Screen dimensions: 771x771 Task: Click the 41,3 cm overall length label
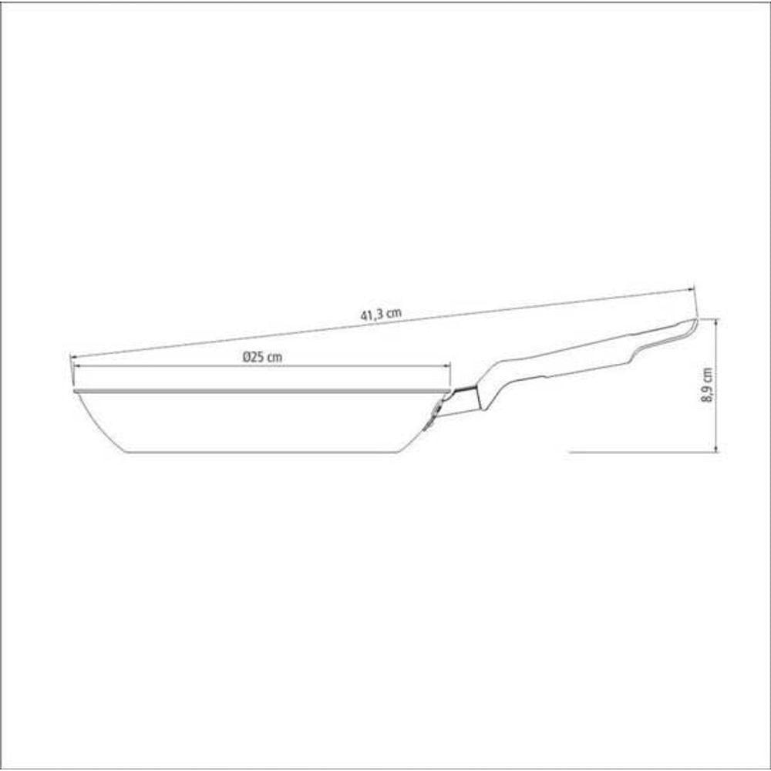(x=381, y=314)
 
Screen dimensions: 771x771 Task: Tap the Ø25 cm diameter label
(x=263, y=357)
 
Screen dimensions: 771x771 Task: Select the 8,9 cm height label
(x=706, y=385)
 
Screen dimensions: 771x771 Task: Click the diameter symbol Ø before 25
(x=247, y=358)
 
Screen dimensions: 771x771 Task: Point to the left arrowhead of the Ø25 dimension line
(x=76, y=365)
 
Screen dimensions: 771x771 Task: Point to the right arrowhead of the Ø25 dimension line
(x=447, y=365)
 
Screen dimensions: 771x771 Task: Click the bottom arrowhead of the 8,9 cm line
(x=716, y=448)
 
